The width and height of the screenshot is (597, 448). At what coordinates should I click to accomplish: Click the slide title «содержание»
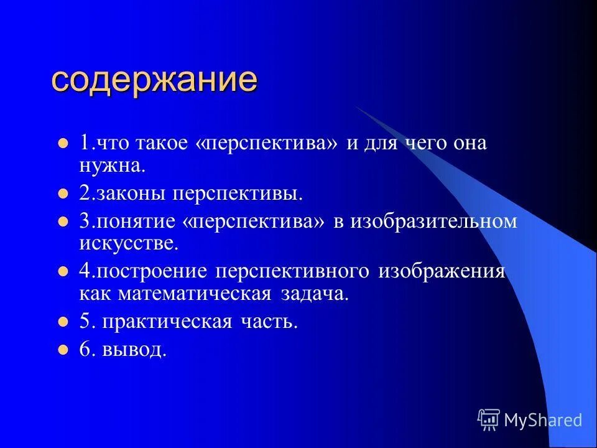(x=154, y=80)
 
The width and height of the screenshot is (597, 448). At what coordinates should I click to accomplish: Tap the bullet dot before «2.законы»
(x=62, y=194)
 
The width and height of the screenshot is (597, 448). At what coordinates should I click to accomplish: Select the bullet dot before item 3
(x=62, y=222)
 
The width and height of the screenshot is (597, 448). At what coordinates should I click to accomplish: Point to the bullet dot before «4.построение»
(x=62, y=272)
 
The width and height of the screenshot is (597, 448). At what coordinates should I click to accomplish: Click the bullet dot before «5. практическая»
(x=62, y=322)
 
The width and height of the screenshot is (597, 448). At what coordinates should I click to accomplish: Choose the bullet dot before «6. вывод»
(x=62, y=350)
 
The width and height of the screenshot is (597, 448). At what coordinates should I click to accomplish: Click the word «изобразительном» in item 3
(x=433, y=222)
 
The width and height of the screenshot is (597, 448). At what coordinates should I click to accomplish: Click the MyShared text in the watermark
(x=543, y=420)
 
